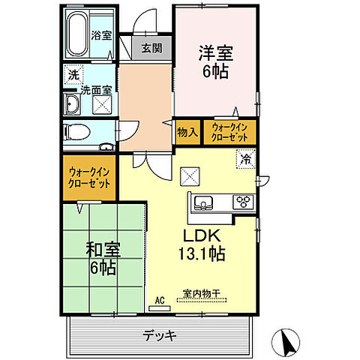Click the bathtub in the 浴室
click(78, 34)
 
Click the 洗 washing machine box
click(73, 74)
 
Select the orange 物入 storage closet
click(187, 132)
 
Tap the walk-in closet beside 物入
click(229, 132)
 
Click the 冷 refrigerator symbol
click(244, 158)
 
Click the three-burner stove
click(243, 201)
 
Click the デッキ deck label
click(161, 335)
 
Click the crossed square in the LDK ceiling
click(190, 178)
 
